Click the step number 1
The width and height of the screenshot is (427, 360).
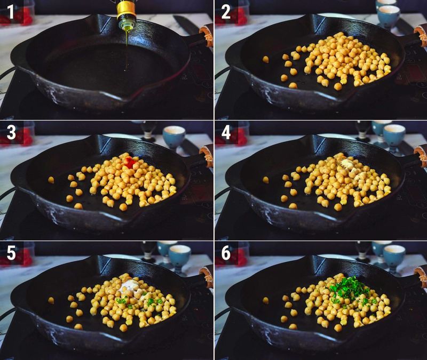(11, 12)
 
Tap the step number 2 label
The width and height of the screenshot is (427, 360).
(226, 12)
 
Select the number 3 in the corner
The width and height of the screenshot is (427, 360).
(11, 133)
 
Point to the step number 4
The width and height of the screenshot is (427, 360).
(226, 133)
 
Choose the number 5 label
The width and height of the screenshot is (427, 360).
(11, 253)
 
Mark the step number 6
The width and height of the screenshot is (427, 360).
(226, 253)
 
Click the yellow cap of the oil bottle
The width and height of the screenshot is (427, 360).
(126, 8)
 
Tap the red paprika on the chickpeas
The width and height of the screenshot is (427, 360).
(129, 163)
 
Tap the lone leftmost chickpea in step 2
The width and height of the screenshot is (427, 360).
(265, 59)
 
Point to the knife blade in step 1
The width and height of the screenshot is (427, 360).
(187, 24)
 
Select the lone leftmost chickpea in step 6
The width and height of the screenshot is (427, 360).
(265, 300)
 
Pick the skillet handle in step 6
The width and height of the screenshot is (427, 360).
(418, 277)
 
